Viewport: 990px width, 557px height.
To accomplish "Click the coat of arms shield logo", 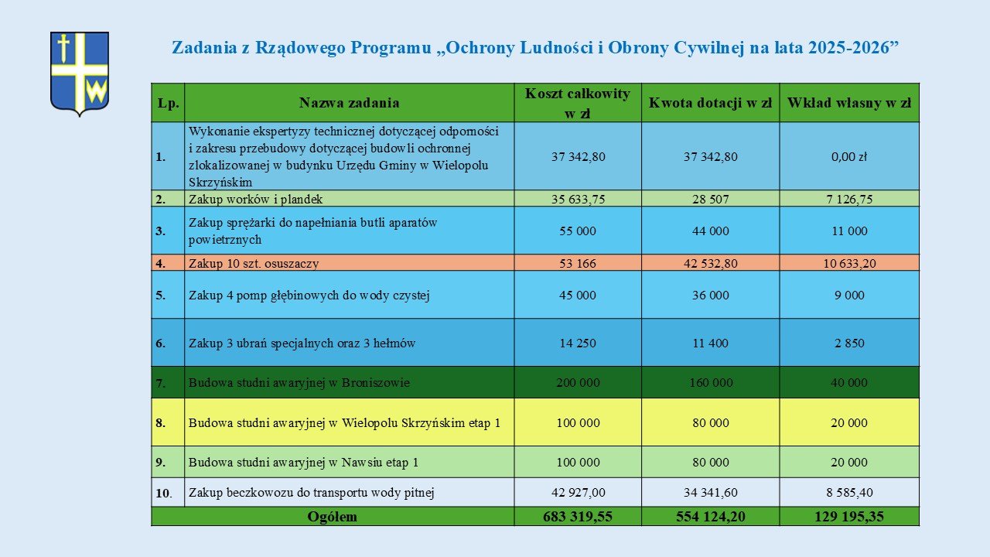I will click(x=80, y=73).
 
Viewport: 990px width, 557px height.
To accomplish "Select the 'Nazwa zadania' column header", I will click(x=349, y=103).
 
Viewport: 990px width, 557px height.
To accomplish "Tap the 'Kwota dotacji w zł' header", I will click(x=710, y=103).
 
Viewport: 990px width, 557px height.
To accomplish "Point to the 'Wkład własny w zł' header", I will click(x=849, y=103).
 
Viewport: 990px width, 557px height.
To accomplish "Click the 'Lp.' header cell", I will click(x=168, y=103).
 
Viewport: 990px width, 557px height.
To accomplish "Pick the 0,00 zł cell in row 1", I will click(x=849, y=156).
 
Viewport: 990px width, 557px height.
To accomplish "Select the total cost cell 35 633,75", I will click(x=578, y=199).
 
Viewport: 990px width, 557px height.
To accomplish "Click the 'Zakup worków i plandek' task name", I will click(x=255, y=199).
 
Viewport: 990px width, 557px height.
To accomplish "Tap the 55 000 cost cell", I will click(x=578, y=231).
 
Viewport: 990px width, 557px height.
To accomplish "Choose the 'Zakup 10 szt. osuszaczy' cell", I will click(x=254, y=263).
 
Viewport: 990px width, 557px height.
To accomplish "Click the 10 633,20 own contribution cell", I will click(x=849, y=263).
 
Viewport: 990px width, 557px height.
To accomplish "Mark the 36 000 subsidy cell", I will click(x=710, y=295).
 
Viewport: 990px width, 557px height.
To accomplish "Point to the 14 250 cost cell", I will click(x=578, y=343).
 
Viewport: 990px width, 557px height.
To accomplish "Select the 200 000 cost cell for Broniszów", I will click(x=578, y=382).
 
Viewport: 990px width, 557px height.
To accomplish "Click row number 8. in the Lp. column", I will click(x=161, y=423).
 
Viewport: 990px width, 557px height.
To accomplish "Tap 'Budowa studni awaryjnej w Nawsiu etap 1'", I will click(x=303, y=463).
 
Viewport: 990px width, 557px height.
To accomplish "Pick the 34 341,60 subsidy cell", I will click(x=710, y=492).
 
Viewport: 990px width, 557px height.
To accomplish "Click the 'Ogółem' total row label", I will click(x=333, y=517).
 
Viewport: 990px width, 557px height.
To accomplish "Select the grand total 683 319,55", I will click(x=578, y=517).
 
